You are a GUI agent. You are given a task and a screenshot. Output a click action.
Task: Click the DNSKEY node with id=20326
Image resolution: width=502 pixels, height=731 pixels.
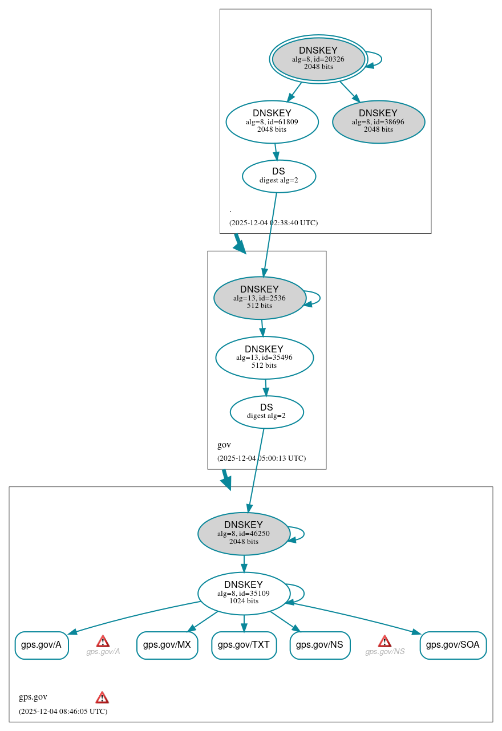click(318, 59)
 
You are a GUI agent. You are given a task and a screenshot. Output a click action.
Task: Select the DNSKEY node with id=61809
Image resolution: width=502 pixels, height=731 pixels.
click(272, 121)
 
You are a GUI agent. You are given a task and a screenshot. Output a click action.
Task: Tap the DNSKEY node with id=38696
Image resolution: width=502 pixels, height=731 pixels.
click(378, 121)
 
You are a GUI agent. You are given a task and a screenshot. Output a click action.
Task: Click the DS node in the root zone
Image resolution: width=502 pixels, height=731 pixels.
click(278, 176)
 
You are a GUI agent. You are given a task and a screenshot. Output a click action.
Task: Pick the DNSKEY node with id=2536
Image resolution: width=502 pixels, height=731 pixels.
click(260, 298)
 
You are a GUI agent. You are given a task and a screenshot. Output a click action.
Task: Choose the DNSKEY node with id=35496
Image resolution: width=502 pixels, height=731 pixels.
click(264, 358)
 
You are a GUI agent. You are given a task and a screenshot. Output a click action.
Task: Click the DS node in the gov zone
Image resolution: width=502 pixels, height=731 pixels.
click(266, 412)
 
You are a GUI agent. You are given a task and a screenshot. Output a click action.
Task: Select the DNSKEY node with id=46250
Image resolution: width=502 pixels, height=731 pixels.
click(244, 533)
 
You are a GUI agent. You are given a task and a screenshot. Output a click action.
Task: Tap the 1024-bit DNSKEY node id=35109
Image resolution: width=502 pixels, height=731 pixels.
click(244, 593)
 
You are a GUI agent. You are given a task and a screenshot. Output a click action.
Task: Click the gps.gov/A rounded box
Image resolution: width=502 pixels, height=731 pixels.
click(41, 645)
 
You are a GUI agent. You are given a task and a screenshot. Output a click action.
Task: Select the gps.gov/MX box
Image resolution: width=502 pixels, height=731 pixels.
click(167, 645)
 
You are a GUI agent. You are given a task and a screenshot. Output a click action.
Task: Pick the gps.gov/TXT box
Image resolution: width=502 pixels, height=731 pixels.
click(244, 645)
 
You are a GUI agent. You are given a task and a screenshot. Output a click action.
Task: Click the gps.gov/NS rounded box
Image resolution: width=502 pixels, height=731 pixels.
click(319, 645)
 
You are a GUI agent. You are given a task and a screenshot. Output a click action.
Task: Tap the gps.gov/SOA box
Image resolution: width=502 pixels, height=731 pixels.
click(453, 645)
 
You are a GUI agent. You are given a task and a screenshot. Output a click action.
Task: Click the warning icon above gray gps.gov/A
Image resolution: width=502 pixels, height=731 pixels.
click(103, 641)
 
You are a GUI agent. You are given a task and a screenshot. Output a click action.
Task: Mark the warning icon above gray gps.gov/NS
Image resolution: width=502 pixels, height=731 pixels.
click(384, 641)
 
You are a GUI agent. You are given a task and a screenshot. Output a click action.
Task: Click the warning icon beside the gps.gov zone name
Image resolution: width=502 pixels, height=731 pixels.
click(102, 697)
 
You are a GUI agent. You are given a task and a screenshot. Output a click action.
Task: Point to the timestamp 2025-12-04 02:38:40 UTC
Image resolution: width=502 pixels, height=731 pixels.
click(273, 223)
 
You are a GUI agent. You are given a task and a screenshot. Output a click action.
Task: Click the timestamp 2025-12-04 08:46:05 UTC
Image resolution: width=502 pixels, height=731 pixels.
click(63, 712)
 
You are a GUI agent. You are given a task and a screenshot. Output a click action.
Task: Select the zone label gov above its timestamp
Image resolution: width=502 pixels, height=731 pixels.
click(224, 445)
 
